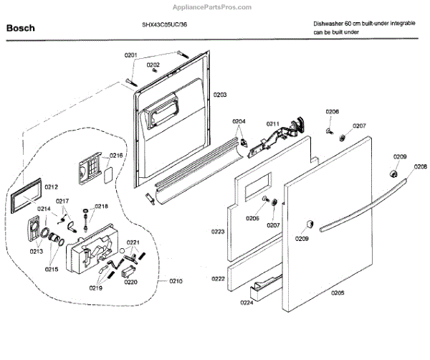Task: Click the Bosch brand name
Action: [21, 30]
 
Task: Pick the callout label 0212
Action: [51, 187]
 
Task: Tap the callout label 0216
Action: [116, 155]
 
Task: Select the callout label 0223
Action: [218, 232]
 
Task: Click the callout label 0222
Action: [218, 278]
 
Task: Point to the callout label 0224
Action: [247, 303]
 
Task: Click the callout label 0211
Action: [272, 123]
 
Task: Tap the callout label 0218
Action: [101, 206]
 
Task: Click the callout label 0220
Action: [130, 282]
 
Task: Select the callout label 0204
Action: [239, 122]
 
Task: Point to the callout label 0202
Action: [153, 64]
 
